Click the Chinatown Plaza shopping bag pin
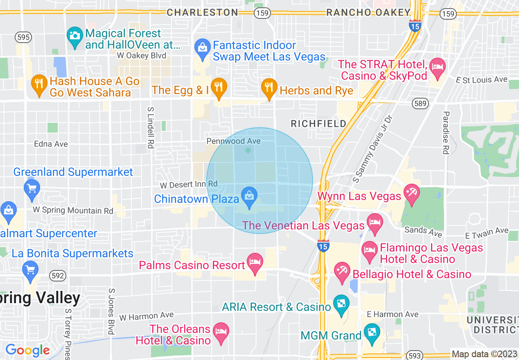coord(249,196)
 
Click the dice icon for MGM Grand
coord(372,332)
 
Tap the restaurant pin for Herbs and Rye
coord(269,87)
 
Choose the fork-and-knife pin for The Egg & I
coord(219,87)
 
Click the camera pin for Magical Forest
coord(75,36)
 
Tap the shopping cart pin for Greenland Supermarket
coord(32,189)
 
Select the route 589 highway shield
coord(420,103)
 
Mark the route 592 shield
coord(58,276)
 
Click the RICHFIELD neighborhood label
coord(318,124)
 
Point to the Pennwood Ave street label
coord(233,141)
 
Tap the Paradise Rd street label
coord(446,133)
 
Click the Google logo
coord(27,350)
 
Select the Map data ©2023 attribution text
coord(484,354)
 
